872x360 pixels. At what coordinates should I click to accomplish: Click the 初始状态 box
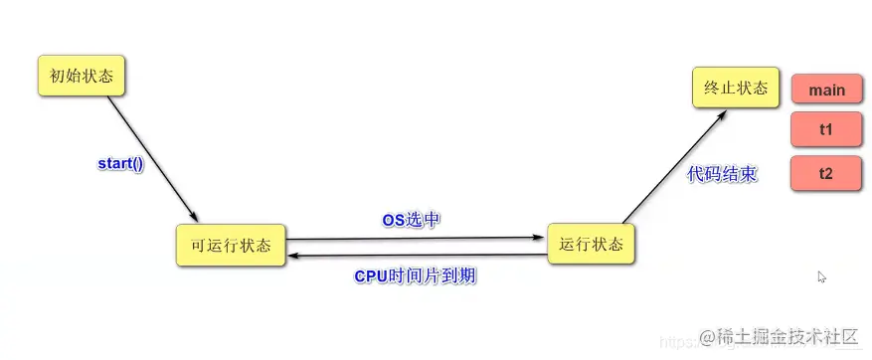[82, 76]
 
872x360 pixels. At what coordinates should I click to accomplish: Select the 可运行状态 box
[230, 245]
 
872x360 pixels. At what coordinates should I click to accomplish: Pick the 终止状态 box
[735, 89]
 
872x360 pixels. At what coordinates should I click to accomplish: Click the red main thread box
[825, 90]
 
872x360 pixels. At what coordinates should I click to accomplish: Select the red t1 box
[825, 130]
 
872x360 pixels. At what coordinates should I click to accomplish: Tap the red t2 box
[825, 173]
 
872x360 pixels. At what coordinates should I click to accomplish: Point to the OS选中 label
[412, 220]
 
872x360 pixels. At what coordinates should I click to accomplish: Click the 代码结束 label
[722, 174]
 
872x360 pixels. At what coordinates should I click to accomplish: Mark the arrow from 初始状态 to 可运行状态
[151, 159]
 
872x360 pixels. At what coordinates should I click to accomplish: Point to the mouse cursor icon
[821, 277]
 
